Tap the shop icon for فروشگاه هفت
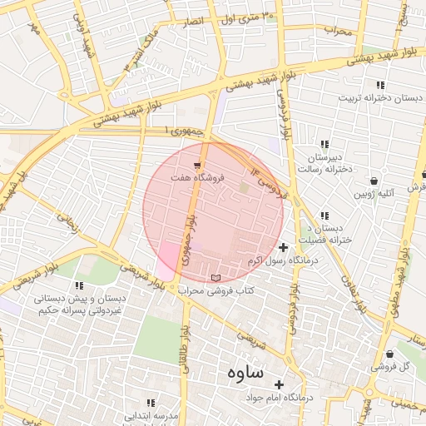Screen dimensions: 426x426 pyautogui.click(x=196, y=166)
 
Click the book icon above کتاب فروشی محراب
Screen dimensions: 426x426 pyautogui.click(x=217, y=277)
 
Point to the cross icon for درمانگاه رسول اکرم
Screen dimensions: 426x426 pyautogui.click(x=283, y=247)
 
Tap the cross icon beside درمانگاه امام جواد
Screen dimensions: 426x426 pyautogui.click(x=279, y=385)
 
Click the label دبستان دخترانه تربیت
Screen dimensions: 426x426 pyautogui.click(x=374, y=97)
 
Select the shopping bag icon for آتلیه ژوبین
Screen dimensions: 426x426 pyautogui.click(x=374, y=181)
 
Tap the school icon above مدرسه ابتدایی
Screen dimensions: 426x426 pyautogui.click(x=151, y=403)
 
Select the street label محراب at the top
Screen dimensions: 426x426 pyautogui.click(x=339, y=32)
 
